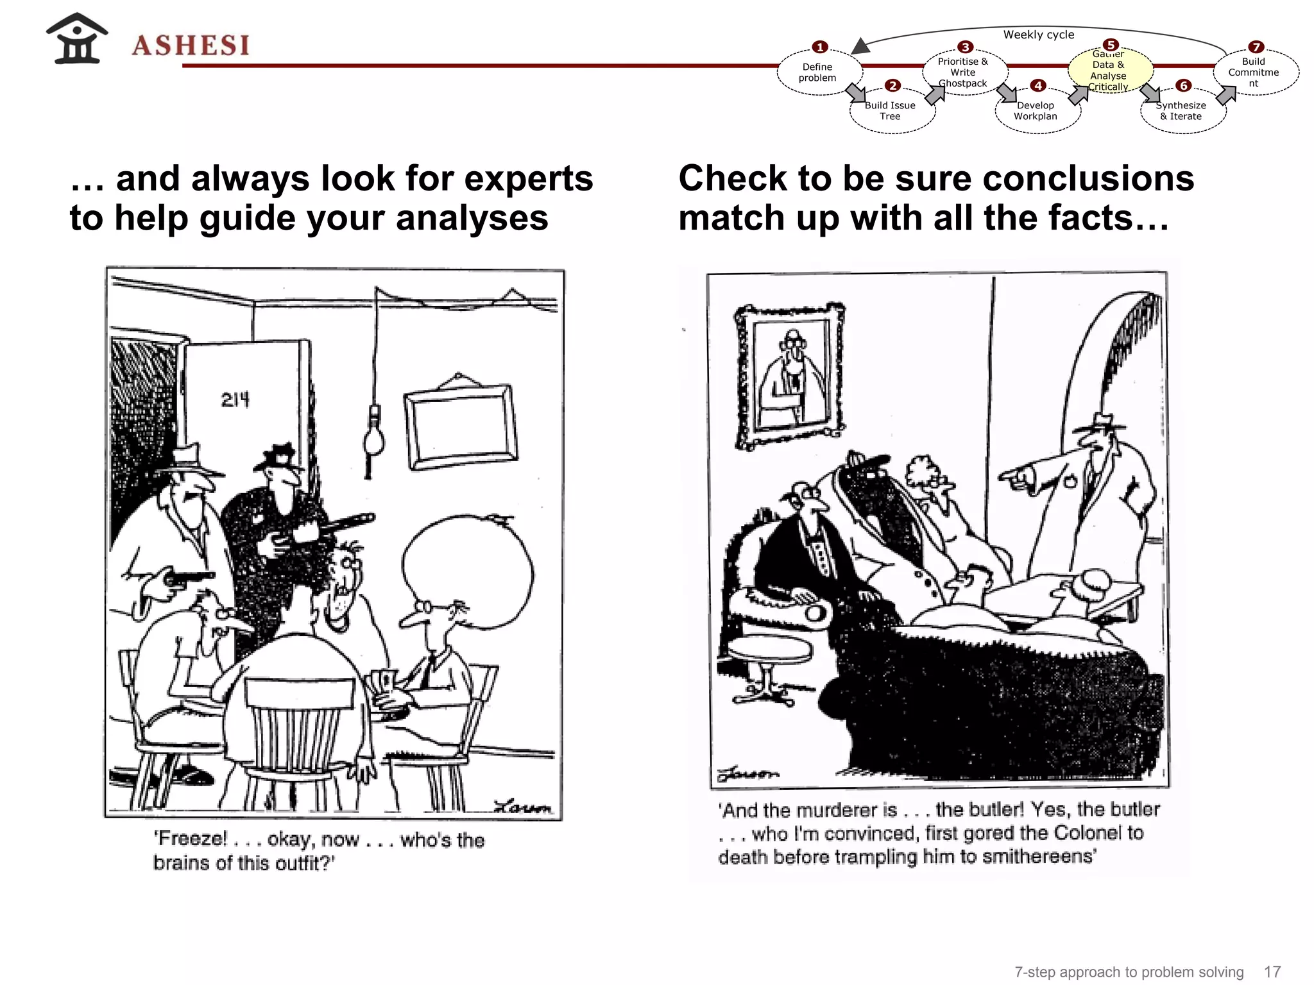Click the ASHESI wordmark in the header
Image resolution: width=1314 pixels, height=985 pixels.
191,45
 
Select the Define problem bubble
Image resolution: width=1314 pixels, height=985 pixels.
817,72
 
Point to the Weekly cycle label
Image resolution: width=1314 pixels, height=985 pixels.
1038,35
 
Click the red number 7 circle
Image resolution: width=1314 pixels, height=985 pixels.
1256,47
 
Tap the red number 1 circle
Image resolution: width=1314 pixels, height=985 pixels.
819,47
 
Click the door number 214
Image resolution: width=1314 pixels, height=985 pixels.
235,400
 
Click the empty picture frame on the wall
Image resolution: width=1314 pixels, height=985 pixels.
460,426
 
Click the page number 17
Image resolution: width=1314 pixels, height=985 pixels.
1272,972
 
